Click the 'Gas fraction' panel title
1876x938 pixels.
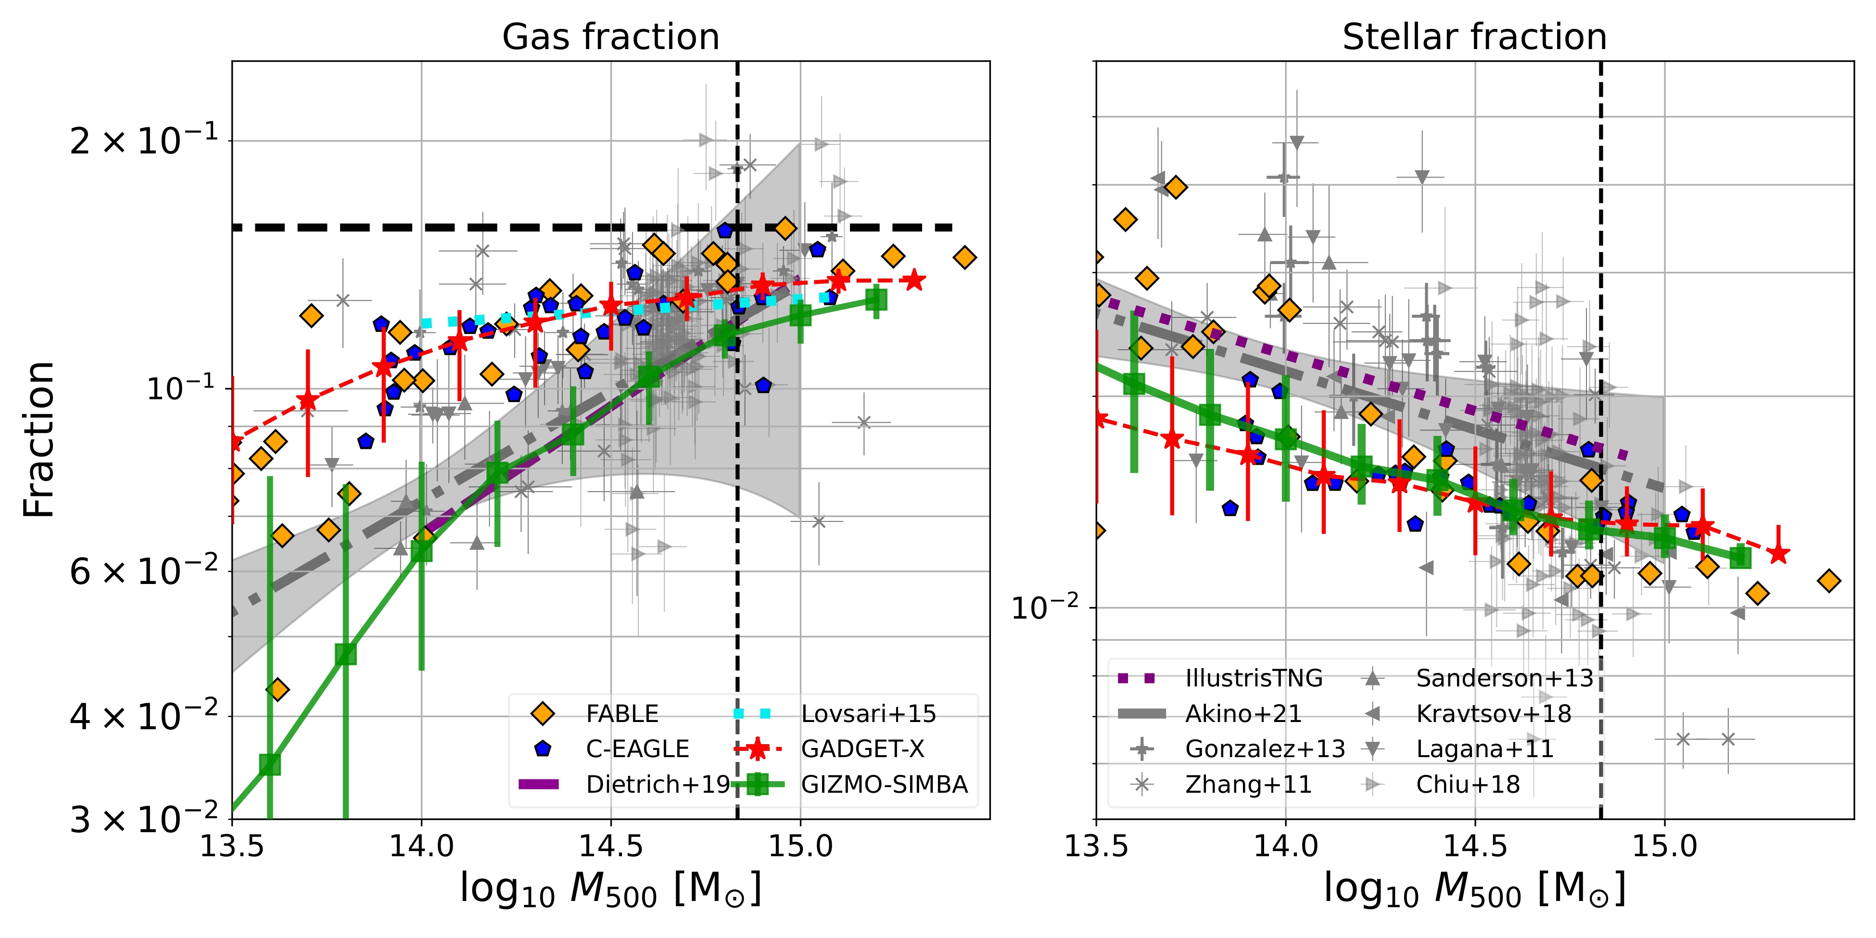[610, 37]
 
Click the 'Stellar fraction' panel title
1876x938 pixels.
[1474, 37]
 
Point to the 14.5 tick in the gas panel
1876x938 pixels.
[610, 846]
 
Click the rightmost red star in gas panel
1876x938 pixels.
[915, 280]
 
